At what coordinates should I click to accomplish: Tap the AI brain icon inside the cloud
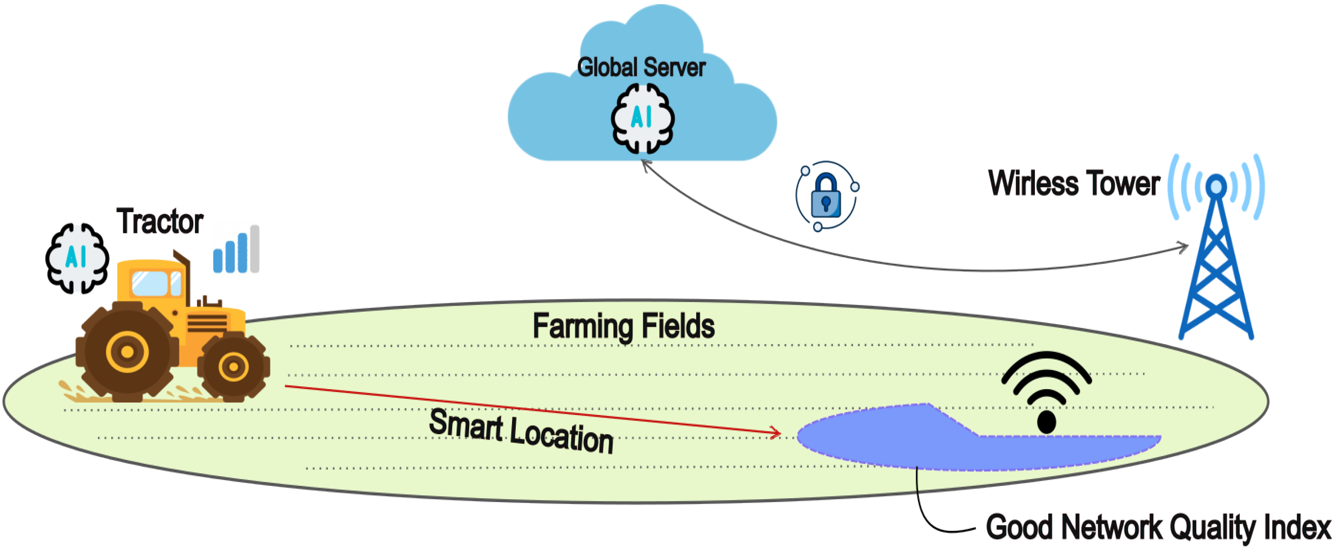[x=642, y=118]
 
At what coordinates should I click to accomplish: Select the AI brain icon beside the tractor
[x=77, y=258]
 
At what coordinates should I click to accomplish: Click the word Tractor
[x=159, y=222]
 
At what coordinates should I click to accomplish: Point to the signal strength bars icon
[x=237, y=250]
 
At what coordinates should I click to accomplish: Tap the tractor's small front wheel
[x=234, y=367]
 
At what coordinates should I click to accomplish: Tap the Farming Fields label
[x=623, y=326]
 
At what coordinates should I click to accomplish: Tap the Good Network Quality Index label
[x=1158, y=527]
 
